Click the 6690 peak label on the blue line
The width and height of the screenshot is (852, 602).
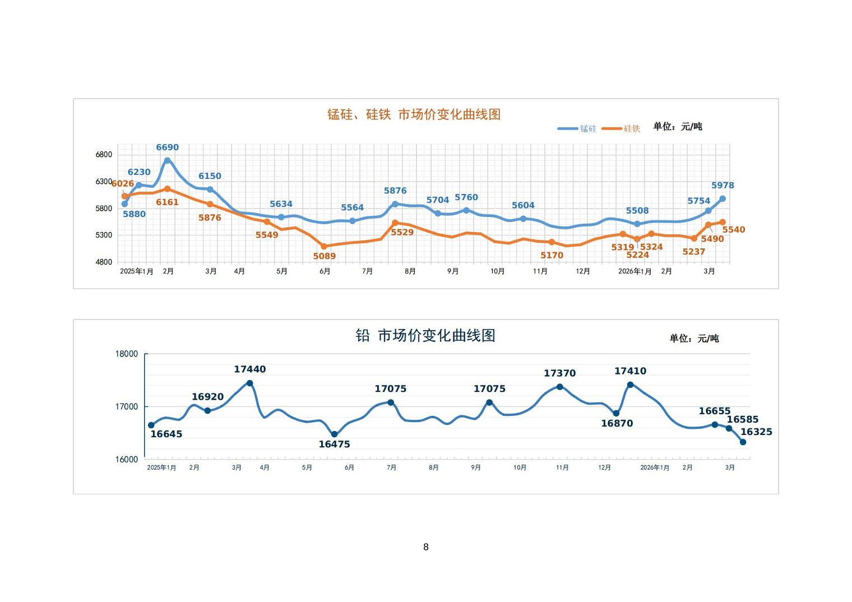167,147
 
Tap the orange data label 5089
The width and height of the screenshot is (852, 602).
324,256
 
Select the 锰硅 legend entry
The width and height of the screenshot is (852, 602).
577,129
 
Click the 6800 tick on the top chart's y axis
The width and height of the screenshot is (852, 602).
104,155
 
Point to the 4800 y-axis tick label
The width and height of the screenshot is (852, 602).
104,262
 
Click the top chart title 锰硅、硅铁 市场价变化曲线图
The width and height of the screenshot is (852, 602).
414,114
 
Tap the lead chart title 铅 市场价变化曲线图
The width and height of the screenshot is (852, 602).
425,335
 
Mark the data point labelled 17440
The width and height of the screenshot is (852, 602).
250,383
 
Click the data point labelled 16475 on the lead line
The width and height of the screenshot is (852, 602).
335,434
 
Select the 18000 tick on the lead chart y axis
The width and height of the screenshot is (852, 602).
127,354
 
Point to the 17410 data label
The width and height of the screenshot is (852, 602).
630,371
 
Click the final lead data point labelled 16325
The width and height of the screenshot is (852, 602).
743,442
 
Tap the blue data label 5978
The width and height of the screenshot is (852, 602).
723,186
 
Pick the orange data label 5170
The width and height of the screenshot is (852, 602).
552,255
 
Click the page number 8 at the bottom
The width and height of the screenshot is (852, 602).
426,547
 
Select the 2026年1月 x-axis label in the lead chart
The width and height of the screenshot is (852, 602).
655,467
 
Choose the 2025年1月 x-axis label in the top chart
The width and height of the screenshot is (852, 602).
137,271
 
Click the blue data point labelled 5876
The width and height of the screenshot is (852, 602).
395,204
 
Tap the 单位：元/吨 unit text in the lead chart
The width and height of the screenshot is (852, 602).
694,339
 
